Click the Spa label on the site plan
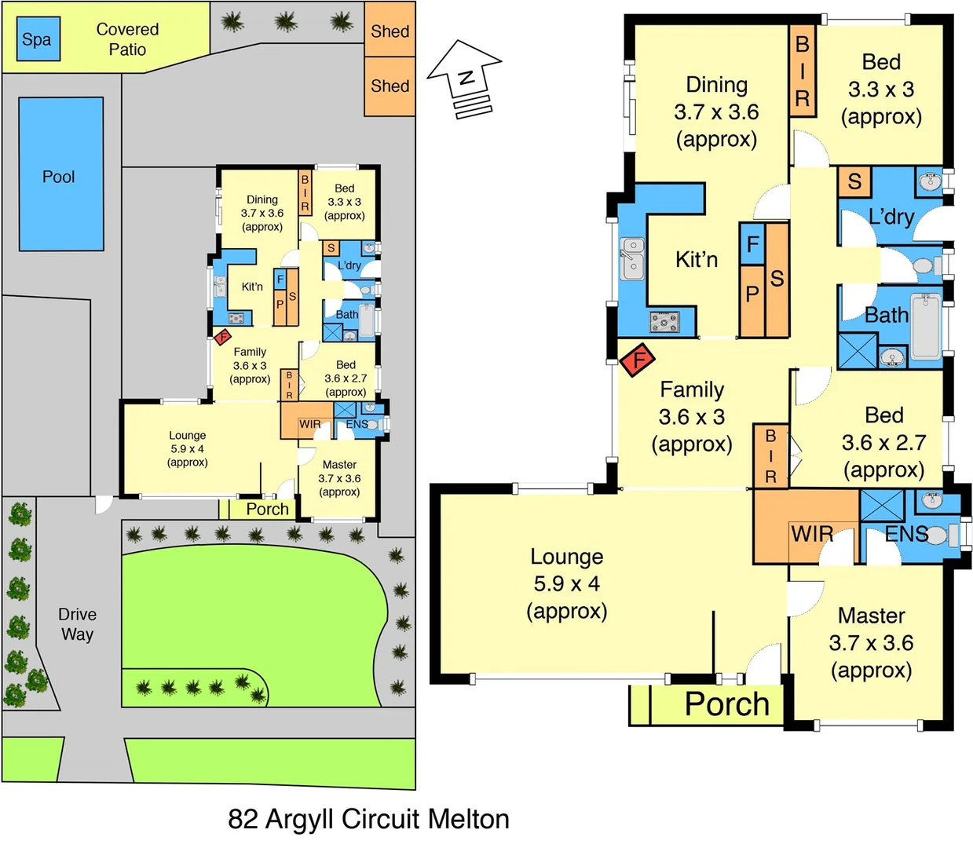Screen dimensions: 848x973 pos(36,40)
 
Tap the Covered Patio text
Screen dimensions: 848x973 pos(127,39)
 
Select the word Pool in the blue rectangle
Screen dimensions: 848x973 pos(59,177)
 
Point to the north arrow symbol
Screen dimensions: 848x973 pos(465,79)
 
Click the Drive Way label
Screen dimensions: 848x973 pos(77,624)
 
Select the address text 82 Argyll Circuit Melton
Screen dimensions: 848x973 pos(368,819)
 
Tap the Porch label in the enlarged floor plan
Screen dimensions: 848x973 pos(726,704)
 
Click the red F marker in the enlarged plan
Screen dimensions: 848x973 pos(638,360)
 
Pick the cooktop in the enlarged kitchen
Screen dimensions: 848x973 pos(664,322)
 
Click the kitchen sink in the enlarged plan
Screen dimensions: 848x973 pos(631,259)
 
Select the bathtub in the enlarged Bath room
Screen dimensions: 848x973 pos(925,323)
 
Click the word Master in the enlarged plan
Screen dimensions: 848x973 pos(871,616)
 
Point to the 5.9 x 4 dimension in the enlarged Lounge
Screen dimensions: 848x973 pos(566,584)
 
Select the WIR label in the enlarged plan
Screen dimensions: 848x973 pos(811,535)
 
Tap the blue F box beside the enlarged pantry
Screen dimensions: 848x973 pos(752,244)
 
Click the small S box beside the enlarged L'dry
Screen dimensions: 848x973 pos(854,181)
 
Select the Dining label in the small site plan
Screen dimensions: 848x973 pos(262,199)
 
